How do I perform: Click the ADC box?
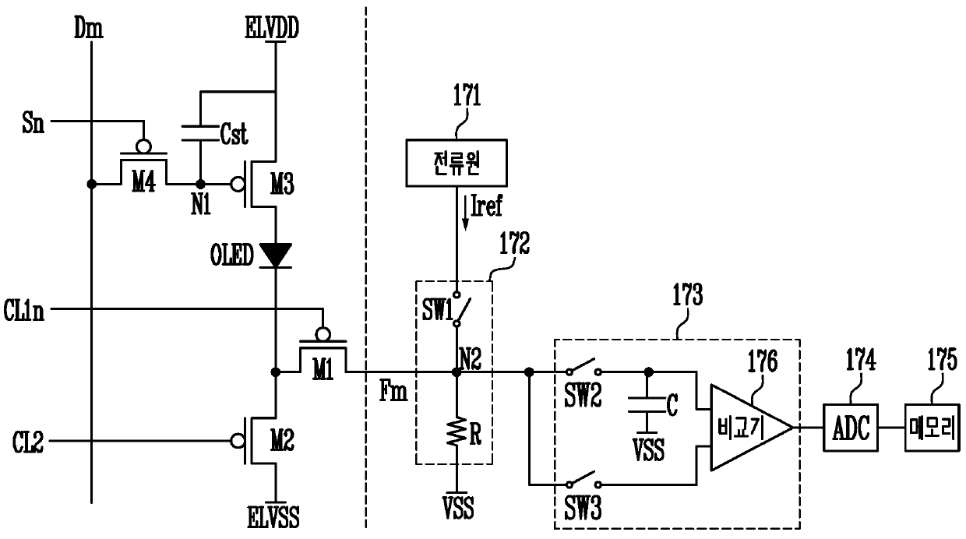(851, 428)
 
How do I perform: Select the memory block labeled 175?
(933, 428)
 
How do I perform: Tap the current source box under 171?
(457, 163)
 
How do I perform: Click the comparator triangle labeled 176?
(752, 428)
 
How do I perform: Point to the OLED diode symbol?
(276, 255)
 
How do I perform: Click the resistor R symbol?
(457, 432)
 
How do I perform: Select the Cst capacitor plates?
(200, 133)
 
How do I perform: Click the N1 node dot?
(200, 184)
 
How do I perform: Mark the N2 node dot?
(457, 372)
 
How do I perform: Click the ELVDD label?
(272, 29)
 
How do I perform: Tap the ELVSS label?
(273, 517)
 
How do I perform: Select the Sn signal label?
(33, 123)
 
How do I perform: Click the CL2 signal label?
(28, 442)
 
